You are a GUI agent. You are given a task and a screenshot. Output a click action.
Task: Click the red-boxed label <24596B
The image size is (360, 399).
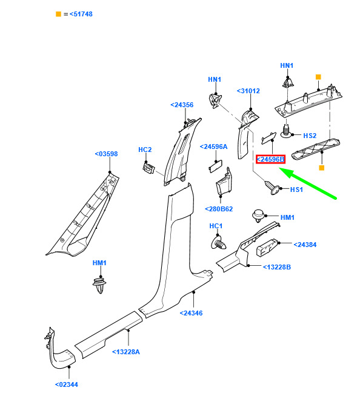[x=270, y=159]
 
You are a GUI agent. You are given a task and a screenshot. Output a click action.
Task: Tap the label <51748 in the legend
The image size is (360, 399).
[x=81, y=14]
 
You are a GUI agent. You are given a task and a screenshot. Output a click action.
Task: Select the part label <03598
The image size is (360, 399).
[x=106, y=154]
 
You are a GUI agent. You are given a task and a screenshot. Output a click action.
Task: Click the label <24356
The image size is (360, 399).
[x=182, y=105]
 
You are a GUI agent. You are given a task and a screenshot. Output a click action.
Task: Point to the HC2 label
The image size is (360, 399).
[x=145, y=150]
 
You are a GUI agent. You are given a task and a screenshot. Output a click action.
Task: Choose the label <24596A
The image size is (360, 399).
[x=213, y=147]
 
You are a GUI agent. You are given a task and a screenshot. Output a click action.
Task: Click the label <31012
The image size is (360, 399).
[x=248, y=91]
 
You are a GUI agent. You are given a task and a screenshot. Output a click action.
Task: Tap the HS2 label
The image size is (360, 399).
[x=310, y=136]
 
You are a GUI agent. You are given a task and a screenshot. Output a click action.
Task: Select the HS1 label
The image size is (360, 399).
[x=296, y=190]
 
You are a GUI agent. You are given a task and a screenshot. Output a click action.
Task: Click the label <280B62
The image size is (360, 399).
[x=219, y=209]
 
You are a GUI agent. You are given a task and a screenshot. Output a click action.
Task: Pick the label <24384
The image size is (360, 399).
[x=305, y=245]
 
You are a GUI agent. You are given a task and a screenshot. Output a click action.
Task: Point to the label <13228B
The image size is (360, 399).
[x=277, y=267]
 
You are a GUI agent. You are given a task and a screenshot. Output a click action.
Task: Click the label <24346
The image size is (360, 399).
[x=191, y=313]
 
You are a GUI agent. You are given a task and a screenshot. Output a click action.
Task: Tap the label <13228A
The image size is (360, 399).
[x=126, y=352]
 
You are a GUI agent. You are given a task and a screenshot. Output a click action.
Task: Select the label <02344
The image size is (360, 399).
[x=67, y=384]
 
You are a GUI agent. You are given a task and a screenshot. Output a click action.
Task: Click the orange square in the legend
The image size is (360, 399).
[x=58, y=14]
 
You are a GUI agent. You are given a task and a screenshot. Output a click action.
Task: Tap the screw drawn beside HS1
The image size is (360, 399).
[x=272, y=188]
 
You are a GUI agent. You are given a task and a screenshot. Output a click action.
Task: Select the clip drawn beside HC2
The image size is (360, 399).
[x=149, y=168]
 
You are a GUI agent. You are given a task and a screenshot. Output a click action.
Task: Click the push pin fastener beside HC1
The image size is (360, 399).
[x=219, y=243]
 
